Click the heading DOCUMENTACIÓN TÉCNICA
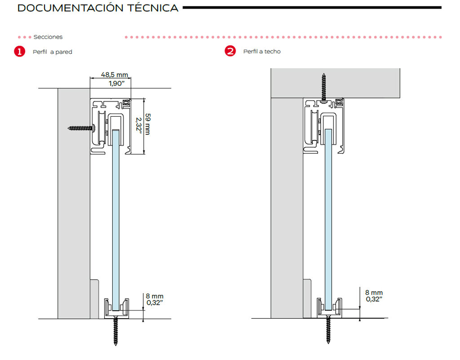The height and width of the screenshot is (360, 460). tap(97, 8)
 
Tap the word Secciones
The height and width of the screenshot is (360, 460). tap(48, 37)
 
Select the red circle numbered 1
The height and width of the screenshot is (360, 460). tap(19, 52)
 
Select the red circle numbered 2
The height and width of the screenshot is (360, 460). tap(230, 51)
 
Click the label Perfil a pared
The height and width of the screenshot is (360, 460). tap(52, 52)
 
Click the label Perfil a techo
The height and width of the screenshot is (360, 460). tap(262, 52)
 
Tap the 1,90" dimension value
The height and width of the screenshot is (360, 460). tap(117, 83)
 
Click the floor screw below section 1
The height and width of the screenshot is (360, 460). tap(116, 331)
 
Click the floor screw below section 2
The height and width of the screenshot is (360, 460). tap(328, 331)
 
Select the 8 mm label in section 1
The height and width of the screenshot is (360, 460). tap(155, 296)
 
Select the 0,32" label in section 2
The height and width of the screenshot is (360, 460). tap(374, 299)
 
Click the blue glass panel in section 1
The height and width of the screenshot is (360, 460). tap(116, 215)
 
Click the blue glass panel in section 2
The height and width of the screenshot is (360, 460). tap(328, 215)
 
